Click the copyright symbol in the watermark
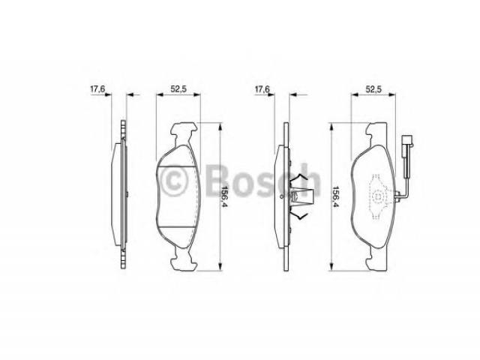click(173, 181)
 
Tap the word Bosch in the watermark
click(264, 181)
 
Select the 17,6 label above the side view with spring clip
click(262, 89)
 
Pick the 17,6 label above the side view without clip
click(97, 89)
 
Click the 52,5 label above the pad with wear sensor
click(373, 89)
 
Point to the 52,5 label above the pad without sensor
click(178, 89)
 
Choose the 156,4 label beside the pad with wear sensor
click(336, 196)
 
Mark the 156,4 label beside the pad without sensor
click(225, 196)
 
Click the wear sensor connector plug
click(407, 141)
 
